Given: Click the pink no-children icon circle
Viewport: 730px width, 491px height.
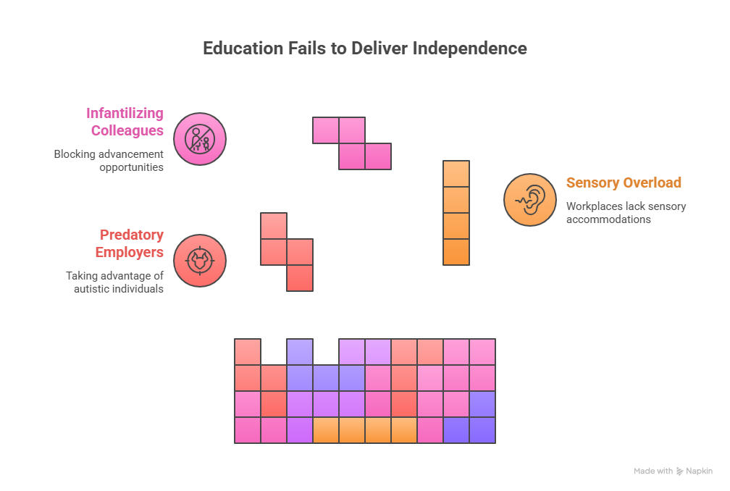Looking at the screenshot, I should tap(200, 138).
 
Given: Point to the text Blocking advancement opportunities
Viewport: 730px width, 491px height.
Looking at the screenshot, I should tap(109, 160).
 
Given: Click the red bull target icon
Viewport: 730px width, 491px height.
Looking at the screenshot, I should tap(200, 260).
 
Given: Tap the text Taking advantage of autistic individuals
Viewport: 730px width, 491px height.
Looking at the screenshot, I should tap(115, 282).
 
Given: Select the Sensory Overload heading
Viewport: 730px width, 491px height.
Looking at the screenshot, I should tap(624, 182).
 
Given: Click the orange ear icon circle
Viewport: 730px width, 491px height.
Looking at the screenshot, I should tap(530, 199).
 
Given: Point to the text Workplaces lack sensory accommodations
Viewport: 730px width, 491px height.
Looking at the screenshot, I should tap(626, 212).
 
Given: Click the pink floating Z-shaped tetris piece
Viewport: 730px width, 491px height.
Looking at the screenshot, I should tap(352, 143).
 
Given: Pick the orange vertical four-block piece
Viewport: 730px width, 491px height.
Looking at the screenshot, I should tap(456, 213).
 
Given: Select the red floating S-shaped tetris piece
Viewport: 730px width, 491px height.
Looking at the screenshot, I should tap(287, 252).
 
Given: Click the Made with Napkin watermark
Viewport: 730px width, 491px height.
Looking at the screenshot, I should tap(673, 471).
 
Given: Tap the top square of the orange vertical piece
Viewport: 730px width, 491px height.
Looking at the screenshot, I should tap(456, 174).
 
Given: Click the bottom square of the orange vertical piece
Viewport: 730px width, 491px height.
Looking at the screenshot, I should tap(456, 252).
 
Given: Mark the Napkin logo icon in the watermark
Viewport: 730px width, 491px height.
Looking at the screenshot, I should tap(679, 471).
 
